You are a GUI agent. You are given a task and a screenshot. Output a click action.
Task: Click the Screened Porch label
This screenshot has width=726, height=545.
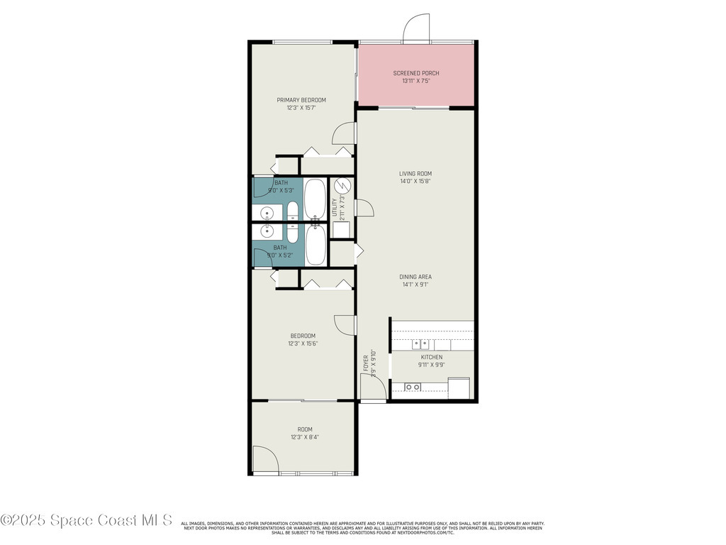point(416,73)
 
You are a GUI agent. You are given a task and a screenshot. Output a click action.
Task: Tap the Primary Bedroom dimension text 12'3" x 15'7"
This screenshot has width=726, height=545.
point(301,108)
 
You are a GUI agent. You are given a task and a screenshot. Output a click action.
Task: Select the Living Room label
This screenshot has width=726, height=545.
point(415,173)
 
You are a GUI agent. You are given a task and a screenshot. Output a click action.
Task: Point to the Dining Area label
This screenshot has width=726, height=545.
point(415,277)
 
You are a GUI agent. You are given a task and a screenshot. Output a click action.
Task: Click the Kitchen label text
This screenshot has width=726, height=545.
point(432,357)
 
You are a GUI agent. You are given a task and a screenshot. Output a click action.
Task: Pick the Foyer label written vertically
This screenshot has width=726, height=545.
point(367,363)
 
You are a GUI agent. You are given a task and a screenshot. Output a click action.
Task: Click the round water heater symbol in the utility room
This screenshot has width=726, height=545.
point(342,186)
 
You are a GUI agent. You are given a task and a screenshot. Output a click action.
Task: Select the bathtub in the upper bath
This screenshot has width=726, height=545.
point(315,200)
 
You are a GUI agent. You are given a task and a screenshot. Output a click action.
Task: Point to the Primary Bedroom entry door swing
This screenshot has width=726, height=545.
point(345,133)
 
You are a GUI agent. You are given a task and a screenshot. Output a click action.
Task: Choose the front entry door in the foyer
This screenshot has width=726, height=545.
point(373,387)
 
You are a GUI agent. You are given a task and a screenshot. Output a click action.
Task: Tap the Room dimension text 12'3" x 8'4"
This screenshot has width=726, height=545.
point(304,437)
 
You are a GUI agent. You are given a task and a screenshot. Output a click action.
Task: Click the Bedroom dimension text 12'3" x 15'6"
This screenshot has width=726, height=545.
point(302,343)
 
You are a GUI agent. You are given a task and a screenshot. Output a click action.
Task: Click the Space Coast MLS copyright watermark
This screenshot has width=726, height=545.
point(86,520)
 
